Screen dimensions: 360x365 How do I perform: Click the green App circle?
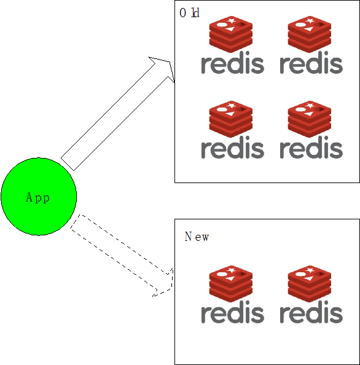(x=39, y=197)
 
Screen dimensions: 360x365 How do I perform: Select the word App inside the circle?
(x=37, y=198)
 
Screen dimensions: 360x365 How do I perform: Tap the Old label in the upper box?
(x=189, y=13)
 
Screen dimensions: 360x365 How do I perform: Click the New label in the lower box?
(x=197, y=237)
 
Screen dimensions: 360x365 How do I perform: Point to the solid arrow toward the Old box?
(x=117, y=114)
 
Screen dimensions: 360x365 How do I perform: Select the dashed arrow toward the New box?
(x=121, y=256)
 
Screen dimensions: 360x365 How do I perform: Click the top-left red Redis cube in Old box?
(x=231, y=34)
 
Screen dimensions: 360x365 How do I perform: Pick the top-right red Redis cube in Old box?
(x=310, y=34)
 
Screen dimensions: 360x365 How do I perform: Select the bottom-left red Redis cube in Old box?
(x=231, y=119)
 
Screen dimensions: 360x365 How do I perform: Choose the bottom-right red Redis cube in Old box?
(x=310, y=119)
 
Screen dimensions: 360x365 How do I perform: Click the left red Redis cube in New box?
(x=231, y=283)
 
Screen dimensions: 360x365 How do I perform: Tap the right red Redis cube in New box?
(x=310, y=283)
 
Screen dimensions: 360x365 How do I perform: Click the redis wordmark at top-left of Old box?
(x=232, y=63)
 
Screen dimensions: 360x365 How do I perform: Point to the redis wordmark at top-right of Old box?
(x=311, y=63)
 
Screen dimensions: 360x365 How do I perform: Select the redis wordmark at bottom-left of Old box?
(x=232, y=147)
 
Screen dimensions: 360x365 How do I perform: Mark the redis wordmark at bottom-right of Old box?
(x=311, y=147)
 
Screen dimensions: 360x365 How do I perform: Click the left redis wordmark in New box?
(x=232, y=312)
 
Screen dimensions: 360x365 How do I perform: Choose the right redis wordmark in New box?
(x=311, y=312)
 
